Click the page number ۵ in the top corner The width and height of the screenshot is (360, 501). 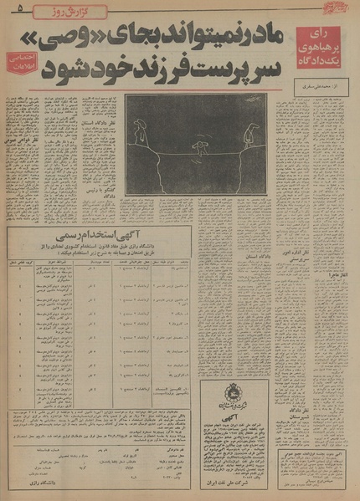(x=19, y=9)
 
